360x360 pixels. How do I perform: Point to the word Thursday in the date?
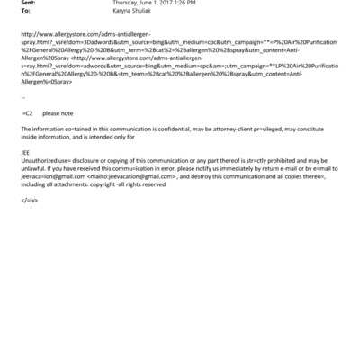pos(135,5)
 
